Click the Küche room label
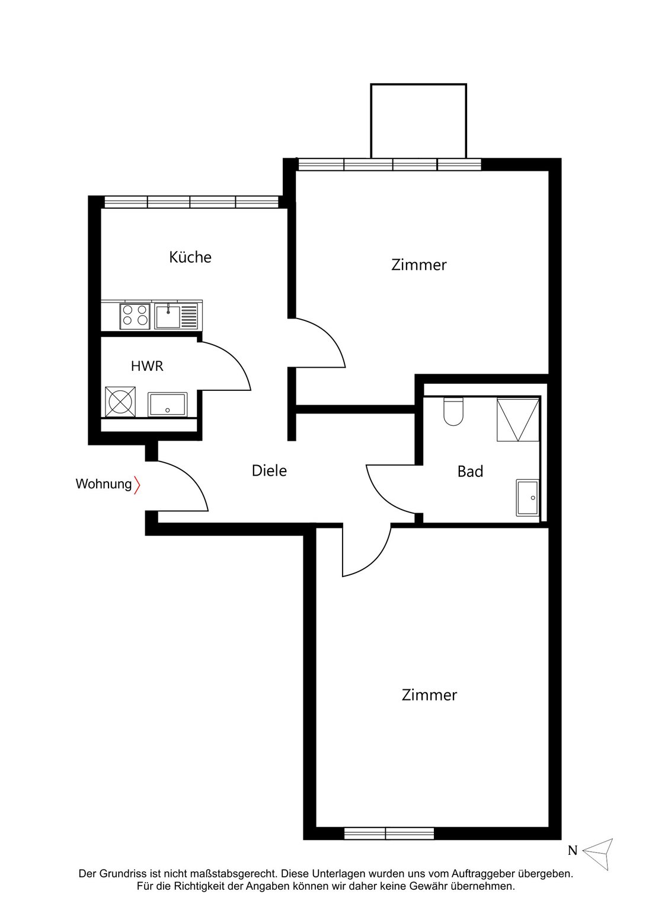coord(190,257)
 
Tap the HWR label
coord(147,366)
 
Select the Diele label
coord(269,470)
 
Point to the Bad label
coord(470,472)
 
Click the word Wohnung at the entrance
coord(104,484)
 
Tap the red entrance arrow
coord(138,485)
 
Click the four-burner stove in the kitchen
coord(135,316)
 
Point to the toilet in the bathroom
coord(453,411)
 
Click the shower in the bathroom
coord(518,420)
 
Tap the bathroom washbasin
coord(528,498)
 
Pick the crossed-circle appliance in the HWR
coord(120,402)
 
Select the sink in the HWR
coord(167,404)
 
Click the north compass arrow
coord(600,854)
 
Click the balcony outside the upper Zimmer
coord(418,121)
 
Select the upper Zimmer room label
coord(418,265)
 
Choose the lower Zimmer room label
coord(429,695)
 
